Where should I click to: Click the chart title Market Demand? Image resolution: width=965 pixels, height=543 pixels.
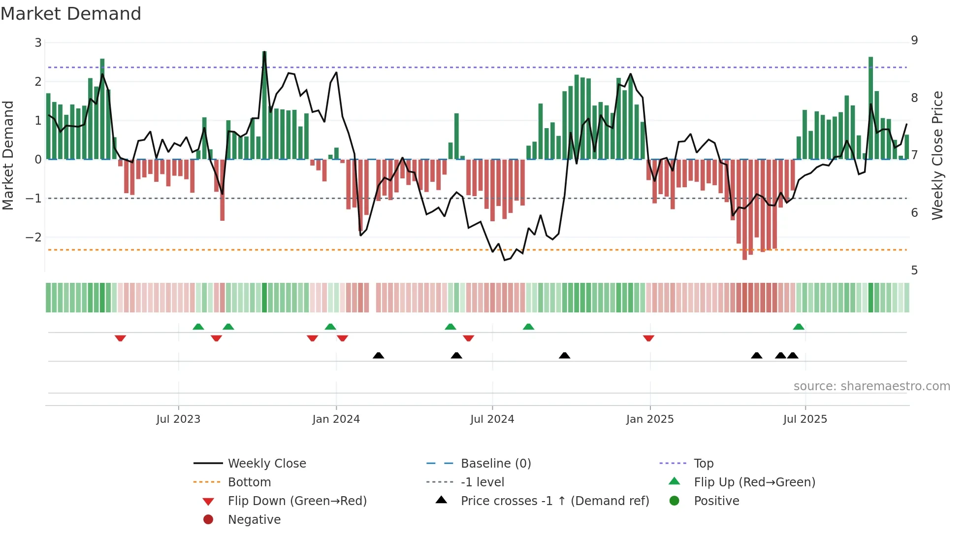[x=71, y=14]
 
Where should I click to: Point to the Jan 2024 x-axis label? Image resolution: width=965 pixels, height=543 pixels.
[x=336, y=419]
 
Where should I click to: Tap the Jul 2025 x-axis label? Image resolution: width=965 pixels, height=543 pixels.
[x=805, y=419]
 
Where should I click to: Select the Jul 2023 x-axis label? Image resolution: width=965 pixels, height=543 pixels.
[x=178, y=419]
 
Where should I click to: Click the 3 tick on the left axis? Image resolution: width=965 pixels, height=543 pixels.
[x=38, y=43]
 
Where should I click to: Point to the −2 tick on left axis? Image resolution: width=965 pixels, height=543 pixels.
[x=34, y=238]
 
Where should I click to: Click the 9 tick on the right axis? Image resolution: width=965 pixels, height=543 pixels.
[x=914, y=40]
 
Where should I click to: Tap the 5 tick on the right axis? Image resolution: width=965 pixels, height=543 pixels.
[x=914, y=271]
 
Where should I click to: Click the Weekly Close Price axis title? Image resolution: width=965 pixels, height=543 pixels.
[x=937, y=155]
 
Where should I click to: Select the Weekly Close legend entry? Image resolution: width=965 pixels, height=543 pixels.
[x=266, y=464]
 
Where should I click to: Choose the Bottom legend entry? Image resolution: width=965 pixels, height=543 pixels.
[x=249, y=482]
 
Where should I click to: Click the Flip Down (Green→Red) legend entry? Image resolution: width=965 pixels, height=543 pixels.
[x=297, y=501]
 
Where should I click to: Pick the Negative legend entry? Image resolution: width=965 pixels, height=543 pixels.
[x=254, y=520]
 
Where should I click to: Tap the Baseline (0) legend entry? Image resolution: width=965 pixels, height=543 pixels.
[x=495, y=464]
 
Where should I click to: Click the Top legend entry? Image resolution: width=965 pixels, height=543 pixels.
[x=703, y=464]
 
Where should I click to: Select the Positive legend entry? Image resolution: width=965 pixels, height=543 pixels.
[x=716, y=501]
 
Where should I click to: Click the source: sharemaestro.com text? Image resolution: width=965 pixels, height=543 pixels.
[x=871, y=386]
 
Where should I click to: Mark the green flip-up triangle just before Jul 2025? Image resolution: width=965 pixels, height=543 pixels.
[x=799, y=327]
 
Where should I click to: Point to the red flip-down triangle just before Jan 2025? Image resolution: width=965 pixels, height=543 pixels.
[x=648, y=338]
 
